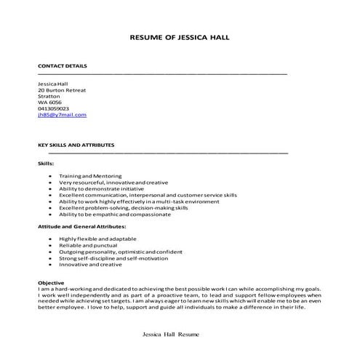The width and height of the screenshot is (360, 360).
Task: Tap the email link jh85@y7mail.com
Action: point(62,115)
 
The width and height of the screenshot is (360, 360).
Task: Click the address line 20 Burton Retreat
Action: point(62,89)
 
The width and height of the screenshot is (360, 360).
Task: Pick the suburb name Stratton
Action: point(49,96)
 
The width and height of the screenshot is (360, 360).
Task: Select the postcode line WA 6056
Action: point(50,103)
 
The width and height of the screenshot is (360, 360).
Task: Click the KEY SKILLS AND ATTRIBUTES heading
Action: point(76,145)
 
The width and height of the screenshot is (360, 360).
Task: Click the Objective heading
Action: point(51,281)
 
